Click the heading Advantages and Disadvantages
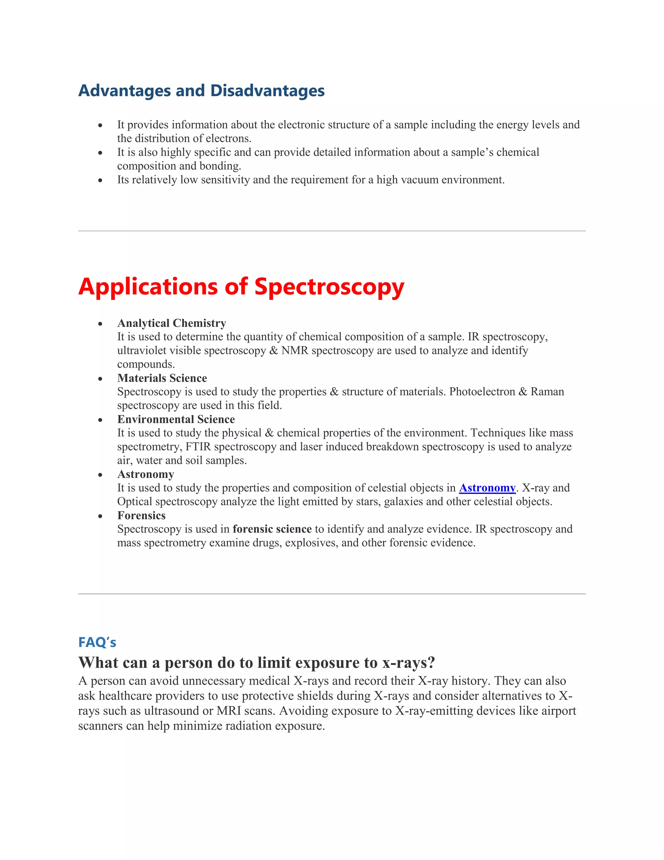tap(201, 91)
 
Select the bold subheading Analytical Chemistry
tap(172, 323)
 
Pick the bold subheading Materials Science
tap(162, 378)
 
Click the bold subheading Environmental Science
tap(176, 419)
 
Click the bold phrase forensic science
tap(272, 529)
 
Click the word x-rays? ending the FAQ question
tap(409, 663)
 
